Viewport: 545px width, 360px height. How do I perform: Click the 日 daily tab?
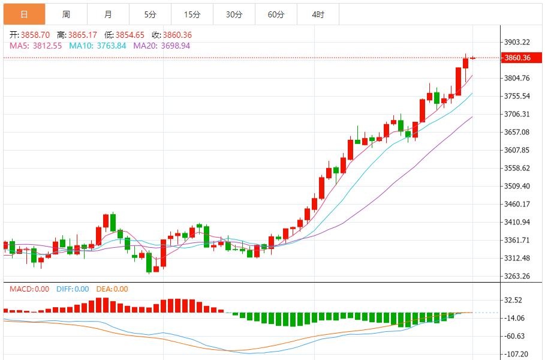tap(24, 14)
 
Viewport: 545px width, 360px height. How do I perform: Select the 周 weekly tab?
tap(66, 14)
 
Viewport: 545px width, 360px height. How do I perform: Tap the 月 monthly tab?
tap(108, 14)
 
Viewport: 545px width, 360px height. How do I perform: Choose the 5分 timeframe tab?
tap(150, 14)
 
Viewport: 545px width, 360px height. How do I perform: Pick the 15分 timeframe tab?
tap(192, 14)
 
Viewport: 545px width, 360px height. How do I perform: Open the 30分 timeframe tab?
tap(234, 14)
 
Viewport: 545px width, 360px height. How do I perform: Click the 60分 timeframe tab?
tap(276, 14)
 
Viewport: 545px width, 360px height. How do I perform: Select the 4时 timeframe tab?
tap(318, 14)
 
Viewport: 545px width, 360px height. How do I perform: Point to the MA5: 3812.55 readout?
tap(37, 45)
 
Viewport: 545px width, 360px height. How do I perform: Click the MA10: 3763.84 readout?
tap(98, 45)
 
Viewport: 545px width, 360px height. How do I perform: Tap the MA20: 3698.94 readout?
tap(161, 45)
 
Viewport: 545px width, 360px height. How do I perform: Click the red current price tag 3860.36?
tap(518, 58)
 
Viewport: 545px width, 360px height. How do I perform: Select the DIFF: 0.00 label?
tap(73, 289)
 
